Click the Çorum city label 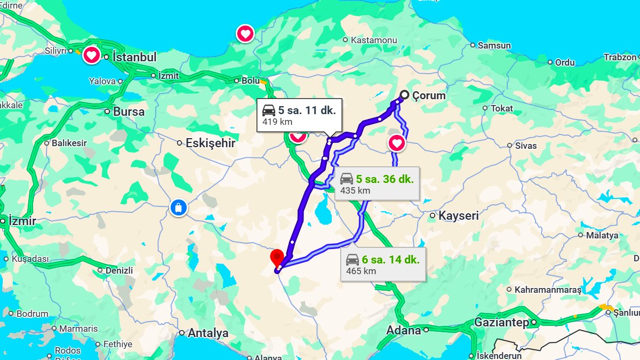[429, 96]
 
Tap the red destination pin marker [277, 258]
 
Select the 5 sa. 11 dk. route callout [299, 115]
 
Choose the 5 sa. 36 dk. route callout [377, 184]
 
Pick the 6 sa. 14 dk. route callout [383, 265]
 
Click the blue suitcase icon [179, 208]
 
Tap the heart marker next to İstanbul [92, 55]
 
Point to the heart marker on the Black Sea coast [245, 34]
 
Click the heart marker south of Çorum [396, 143]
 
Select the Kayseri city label [458, 216]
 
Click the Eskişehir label [210, 143]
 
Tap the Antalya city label [208, 333]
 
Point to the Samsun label [494, 46]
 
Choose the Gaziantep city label [501, 323]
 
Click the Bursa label [129, 112]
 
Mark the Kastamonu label [374, 40]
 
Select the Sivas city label [526, 146]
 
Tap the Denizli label [119, 270]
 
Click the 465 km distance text [361, 271]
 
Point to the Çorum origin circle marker [404, 95]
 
